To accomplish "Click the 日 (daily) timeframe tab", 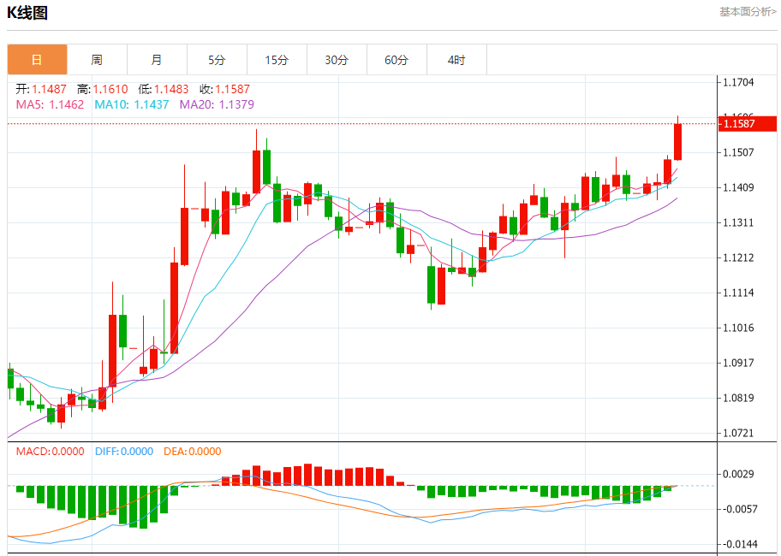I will point(37,60).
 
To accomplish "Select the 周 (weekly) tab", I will point(97,60).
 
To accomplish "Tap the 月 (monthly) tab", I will point(157,60).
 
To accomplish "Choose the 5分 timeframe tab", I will point(217,60).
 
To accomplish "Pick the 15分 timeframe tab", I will point(277,60).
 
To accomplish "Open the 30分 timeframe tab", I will point(337,60).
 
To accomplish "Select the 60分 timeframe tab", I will point(396,60).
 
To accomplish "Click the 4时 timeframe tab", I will point(456,60).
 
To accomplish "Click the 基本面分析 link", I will point(748,12).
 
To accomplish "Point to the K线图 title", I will point(27,13).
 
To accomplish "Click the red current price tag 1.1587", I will point(747,124).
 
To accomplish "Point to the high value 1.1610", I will point(110,89).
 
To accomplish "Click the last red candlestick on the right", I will point(677,142).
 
